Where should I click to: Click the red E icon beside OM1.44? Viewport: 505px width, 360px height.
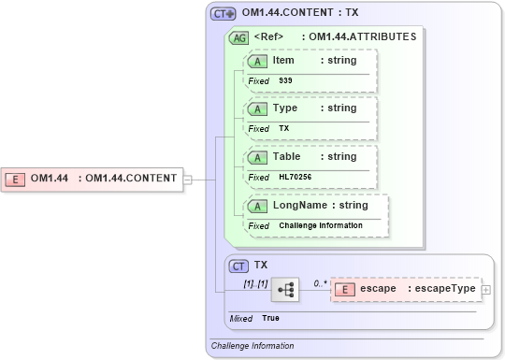[x=16, y=179]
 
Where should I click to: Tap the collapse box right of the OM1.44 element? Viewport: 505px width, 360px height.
[x=188, y=179]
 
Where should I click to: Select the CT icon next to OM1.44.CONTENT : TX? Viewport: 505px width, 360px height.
[x=223, y=14]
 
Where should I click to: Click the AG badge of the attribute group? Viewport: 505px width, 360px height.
[x=238, y=37]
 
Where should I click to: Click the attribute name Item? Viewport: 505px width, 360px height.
[x=282, y=60]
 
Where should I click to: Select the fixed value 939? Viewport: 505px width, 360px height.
[x=285, y=80]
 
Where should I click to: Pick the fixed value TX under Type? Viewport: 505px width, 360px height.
[x=284, y=128]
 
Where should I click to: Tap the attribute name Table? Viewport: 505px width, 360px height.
[x=286, y=156]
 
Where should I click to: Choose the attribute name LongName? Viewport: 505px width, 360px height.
[x=294, y=205]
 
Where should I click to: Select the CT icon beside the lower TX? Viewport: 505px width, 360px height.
[x=239, y=266]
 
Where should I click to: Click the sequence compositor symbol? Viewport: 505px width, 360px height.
[x=284, y=291]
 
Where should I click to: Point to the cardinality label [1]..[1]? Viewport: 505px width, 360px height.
[x=255, y=282]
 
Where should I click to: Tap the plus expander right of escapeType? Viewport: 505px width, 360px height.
[x=485, y=290]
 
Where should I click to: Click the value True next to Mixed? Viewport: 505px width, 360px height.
[x=270, y=318]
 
